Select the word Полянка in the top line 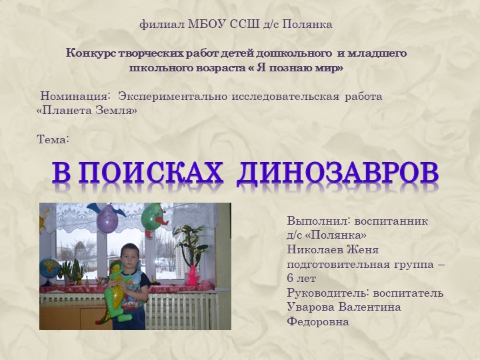(307, 25)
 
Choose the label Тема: (53, 139)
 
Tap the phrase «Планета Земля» (87, 111)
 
